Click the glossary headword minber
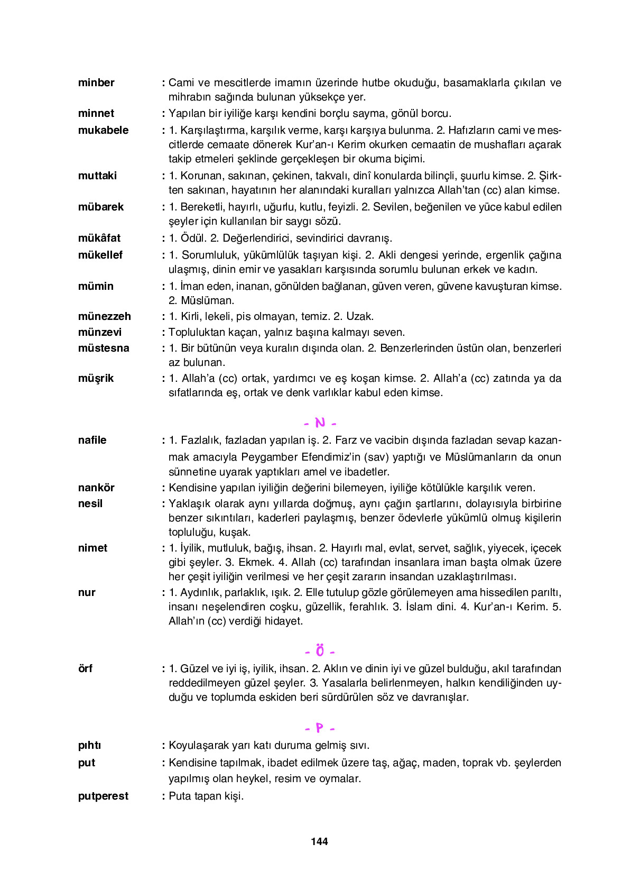(96, 82)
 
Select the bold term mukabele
(103, 130)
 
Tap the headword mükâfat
(99, 238)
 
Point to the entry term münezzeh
(104, 316)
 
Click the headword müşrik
(96, 378)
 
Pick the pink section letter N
(320, 423)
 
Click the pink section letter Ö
(320, 650)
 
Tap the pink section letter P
(320, 728)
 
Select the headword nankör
(96, 488)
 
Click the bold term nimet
(92, 548)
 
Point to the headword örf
(85, 668)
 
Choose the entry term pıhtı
(89, 745)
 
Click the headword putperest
(103, 796)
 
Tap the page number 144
(319, 841)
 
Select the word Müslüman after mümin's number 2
(207, 300)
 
